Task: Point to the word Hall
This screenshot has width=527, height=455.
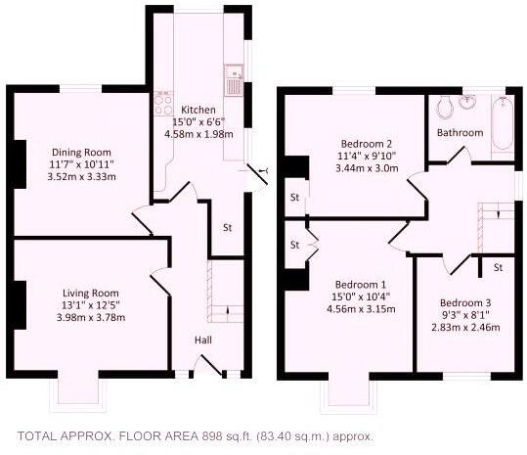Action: pyautogui.click(x=204, y=340)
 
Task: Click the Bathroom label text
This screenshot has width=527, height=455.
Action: pyautogui.click(x=460, y=132)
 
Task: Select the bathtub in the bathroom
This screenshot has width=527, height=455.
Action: pyautogui.click(x=502, y=124)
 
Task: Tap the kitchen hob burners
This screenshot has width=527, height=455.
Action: pyautogui.click(x=160, y=112)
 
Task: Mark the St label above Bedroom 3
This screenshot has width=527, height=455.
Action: pyautogui.click(x=498, y=266)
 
